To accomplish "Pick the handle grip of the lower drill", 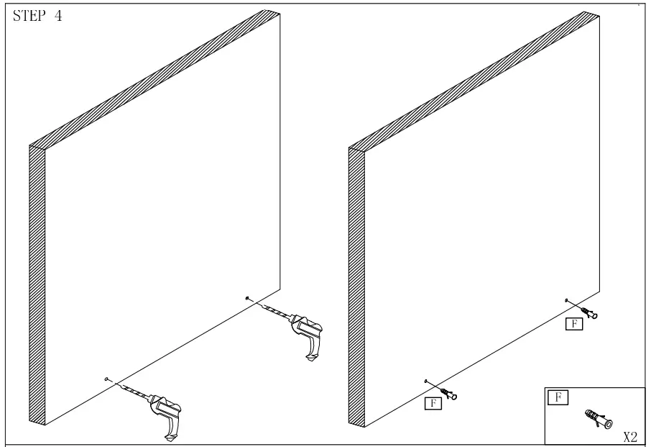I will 170,430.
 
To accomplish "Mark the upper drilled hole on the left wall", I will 247,297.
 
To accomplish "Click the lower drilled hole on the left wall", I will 106,378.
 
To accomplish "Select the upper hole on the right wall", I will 567,299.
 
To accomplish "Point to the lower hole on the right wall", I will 426,381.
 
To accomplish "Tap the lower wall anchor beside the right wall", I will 449,394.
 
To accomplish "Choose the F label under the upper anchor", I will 573,324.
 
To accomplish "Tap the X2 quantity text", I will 629,436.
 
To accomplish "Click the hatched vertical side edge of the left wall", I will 37,288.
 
